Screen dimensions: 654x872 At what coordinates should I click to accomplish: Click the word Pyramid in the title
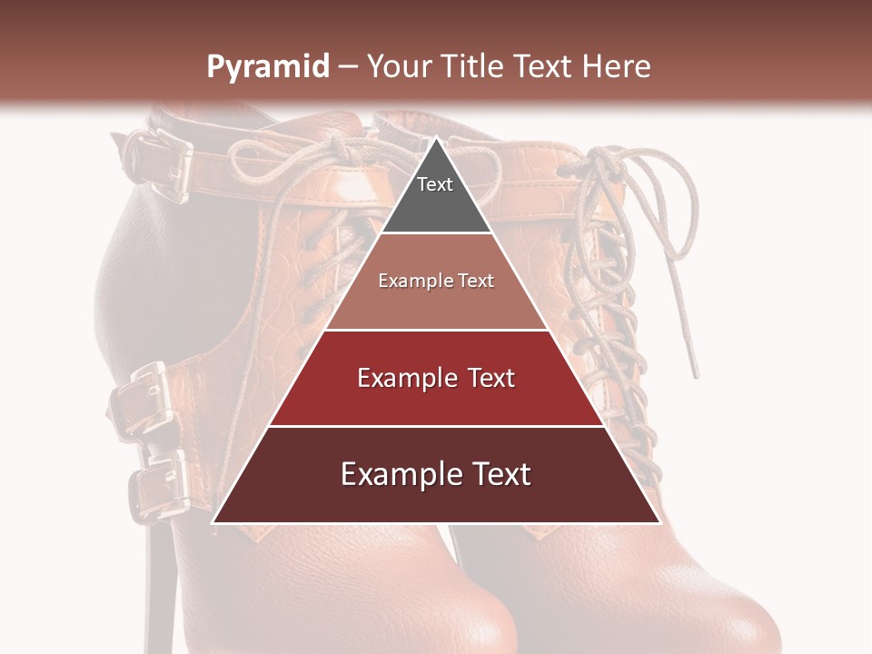(x=267, y=67)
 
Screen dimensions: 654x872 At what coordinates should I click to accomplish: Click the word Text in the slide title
(x=542, y=66)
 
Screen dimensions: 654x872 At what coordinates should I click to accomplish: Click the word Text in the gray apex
(x=435, y=184)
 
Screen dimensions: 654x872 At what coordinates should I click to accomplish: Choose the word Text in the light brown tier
(x=477, y=281)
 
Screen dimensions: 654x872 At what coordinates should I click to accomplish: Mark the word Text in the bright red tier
(x=490, y=378)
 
